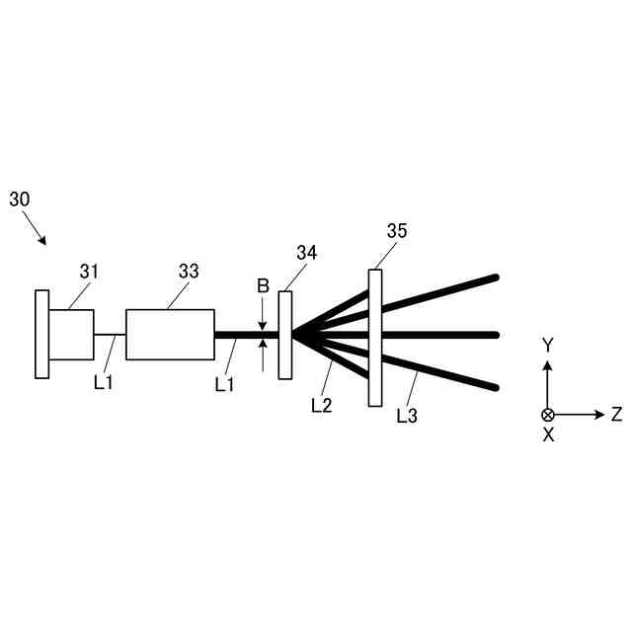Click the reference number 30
(x=20, y=198)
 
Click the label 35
(x=397, y=231)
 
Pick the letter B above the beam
(x=263, y=286)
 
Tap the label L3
(x=407, y=416)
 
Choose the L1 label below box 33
(x=225, y=383)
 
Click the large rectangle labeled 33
(x=170, y=335)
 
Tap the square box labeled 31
(x=71, y=335)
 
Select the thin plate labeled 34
(x=285, y=334)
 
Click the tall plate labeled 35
(x=375, y=337)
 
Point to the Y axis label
(x=548, y=345)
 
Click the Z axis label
(x=616, y=415)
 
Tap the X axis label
(x=548, y=435)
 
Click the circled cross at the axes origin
(x=548, y=415)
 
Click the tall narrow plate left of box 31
(x=41, y=334)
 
